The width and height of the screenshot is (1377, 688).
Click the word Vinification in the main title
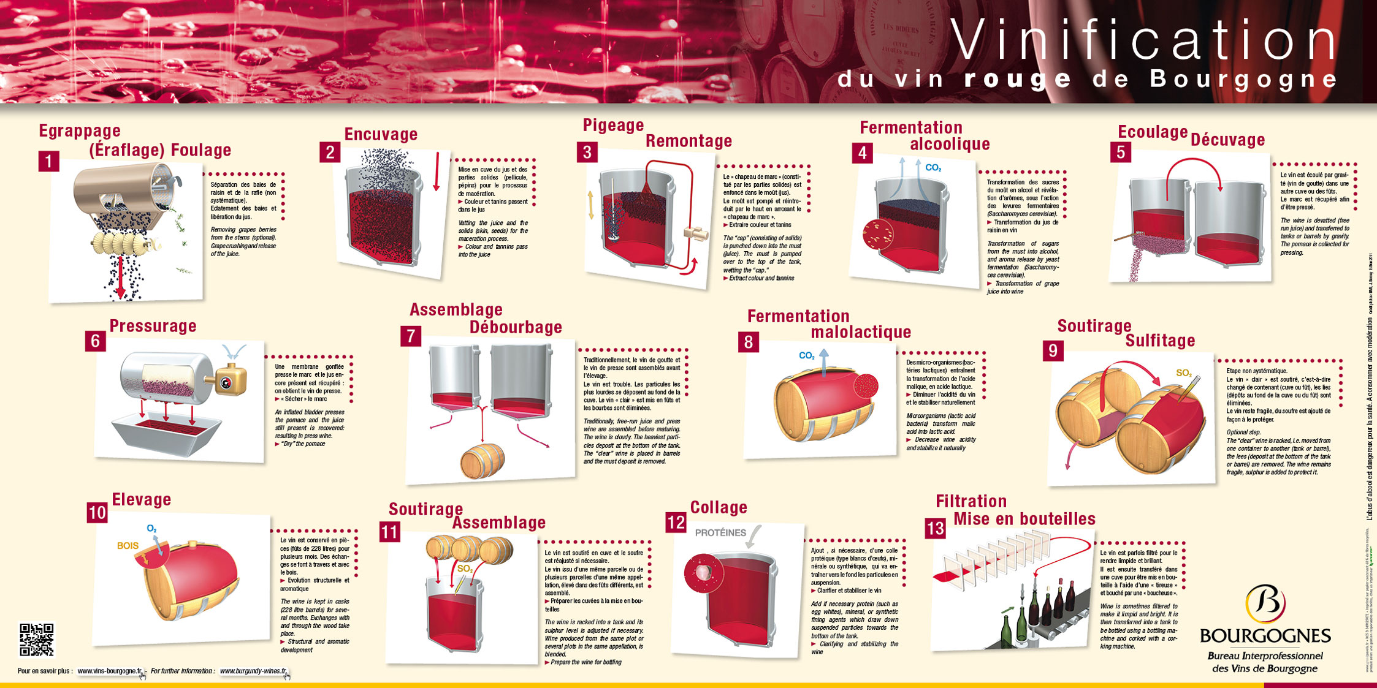click(x=1143, y=40)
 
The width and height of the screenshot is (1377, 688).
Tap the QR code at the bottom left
click(x=37, y=640)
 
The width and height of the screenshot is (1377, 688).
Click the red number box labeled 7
click(x=411, y=336)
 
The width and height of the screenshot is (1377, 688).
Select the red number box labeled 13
click(x=935, y=528)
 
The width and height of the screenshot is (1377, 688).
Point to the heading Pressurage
click(x=153, y=326)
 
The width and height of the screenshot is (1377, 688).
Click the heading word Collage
click(x=719, y=507)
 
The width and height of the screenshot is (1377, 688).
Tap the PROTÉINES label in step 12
click(x=720, y=532)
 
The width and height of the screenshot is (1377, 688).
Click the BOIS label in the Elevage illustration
click(x=128, y=545)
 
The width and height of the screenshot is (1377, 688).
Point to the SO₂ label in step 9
click(x=1183, y=372)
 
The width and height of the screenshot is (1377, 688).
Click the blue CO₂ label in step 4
click(x=933, y=168)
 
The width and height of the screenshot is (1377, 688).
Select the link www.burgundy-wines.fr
click(x=253, y=671)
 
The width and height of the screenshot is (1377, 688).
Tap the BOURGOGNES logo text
click(x=1265, y=635)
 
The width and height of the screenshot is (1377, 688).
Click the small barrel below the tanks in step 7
click(x=482, y=461)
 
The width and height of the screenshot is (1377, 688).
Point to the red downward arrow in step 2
click(x=437, y=172)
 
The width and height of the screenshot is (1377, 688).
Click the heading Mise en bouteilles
click(x=1024, y=519)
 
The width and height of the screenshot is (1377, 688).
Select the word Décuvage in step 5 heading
click(x=1227, y=140)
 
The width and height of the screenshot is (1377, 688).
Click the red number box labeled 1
click(x=48, y=162)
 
